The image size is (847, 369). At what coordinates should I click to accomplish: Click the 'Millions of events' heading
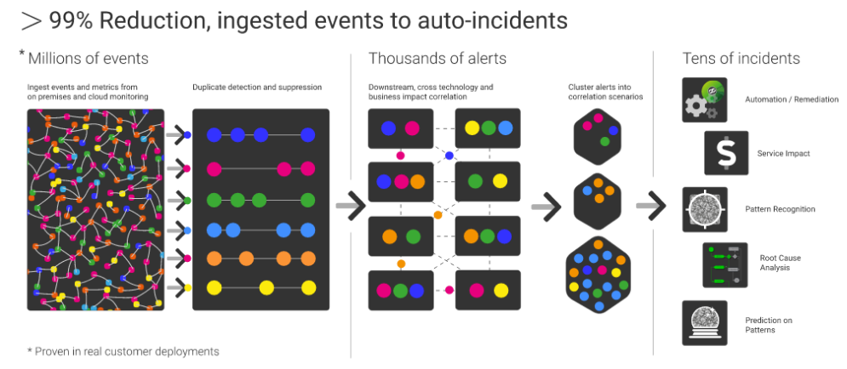tap(89, 59)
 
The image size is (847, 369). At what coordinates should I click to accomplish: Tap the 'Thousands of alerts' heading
tap(437, 59)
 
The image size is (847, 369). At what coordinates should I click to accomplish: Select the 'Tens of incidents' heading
tap(741, 59)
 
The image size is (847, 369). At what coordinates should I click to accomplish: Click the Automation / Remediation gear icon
tap(704, 100)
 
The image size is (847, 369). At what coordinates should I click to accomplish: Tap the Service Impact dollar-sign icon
tap(725, 153)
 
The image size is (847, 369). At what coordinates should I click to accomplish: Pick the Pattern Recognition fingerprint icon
tap(704, 209)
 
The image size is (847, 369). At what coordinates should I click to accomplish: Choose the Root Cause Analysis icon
tap(725, 264)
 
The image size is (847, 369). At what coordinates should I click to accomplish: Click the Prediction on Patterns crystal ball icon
tap(704, 322)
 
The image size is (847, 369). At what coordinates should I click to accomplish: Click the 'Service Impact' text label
tap(783, 154)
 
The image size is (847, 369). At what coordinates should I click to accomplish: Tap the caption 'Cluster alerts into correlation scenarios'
tap(605, 92)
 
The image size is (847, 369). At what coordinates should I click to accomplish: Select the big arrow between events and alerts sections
tap(350, 205)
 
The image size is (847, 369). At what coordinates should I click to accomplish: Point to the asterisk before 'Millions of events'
tap(22, 55)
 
